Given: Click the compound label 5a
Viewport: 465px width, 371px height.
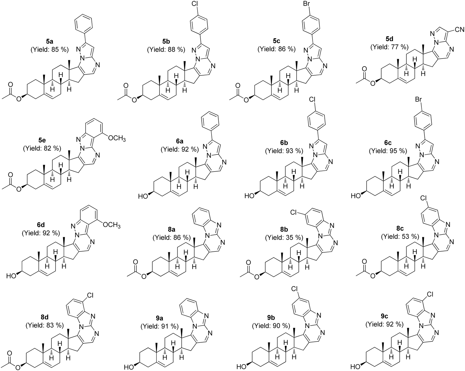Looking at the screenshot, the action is [x=49, y=42].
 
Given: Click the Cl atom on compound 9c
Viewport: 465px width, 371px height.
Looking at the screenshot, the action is [x=429, y=295].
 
